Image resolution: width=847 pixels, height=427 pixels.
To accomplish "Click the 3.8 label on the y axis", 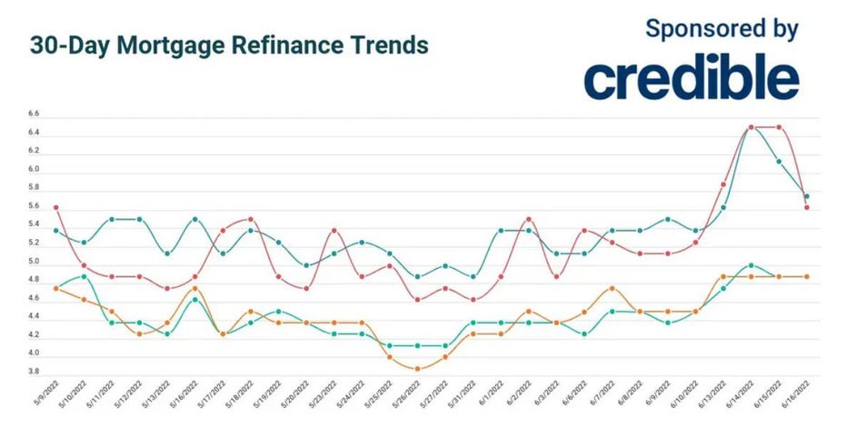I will (x=34, y=372).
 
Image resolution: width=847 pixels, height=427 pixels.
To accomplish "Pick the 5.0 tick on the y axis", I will (x=34, y=262).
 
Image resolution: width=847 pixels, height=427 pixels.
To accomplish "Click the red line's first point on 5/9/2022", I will (x=56, y=207).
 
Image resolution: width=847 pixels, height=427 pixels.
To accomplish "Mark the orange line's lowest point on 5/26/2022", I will (x=417, y=369).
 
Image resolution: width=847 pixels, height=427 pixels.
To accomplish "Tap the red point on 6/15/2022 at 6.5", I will (x=779, y=127).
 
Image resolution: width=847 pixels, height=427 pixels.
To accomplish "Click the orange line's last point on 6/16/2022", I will (x=806, y=276).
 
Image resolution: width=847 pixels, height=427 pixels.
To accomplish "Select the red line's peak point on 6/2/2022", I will (x=529, y=219).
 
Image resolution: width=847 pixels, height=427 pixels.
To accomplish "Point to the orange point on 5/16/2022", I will (x=195, y=288).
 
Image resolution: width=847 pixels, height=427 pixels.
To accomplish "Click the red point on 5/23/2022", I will (x=334, y=231).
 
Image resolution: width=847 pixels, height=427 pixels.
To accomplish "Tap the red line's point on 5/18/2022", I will (x=251, y=219).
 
